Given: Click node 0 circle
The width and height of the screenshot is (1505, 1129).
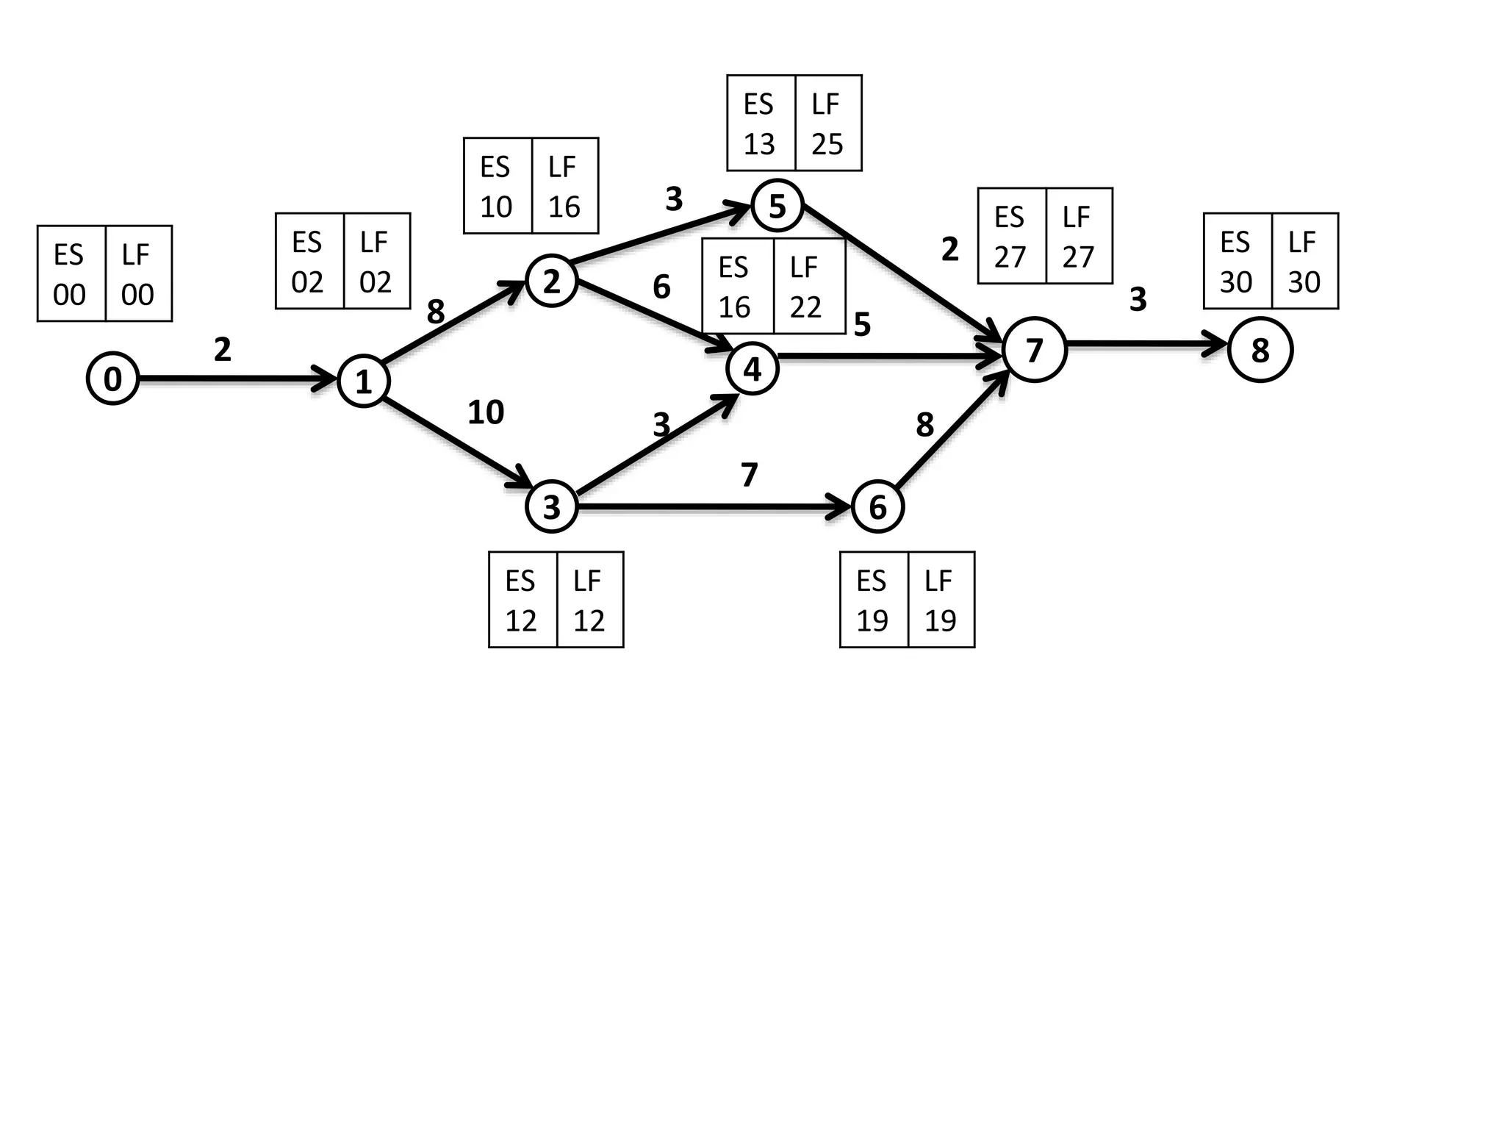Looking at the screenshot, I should [x=112, y=379].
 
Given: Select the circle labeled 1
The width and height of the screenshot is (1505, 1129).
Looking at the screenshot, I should [x=363, y=381].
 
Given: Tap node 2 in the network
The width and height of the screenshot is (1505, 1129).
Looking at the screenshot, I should [x=551, y=280].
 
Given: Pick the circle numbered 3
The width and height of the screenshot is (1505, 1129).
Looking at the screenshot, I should [x=551, y=506].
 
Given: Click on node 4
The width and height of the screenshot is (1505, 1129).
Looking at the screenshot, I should [x=752, y=368].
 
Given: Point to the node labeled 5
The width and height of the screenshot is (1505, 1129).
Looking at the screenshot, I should [x=777, y=205].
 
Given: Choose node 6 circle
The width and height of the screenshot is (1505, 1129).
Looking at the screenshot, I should [x=877, y=506].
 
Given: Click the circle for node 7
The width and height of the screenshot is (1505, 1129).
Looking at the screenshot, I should [x=1034, y=349].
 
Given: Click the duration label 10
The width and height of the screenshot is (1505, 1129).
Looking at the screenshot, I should [x=486, y=412].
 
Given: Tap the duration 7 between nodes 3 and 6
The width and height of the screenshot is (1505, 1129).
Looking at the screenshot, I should [x=749, y=475].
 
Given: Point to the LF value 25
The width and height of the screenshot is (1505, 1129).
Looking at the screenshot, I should [x=827, y=144].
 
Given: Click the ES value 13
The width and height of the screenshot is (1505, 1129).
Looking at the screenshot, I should [x=759, y=144].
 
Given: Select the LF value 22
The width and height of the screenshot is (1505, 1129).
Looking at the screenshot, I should [x=805, y=307].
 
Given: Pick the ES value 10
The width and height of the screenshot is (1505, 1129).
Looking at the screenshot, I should [x=496, y=207].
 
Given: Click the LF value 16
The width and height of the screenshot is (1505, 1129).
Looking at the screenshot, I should [x=564, y=207].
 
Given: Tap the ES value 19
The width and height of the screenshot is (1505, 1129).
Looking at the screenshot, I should [x=872, y=621].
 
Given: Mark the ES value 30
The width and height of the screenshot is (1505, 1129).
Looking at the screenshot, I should [x=1236, y=282].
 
